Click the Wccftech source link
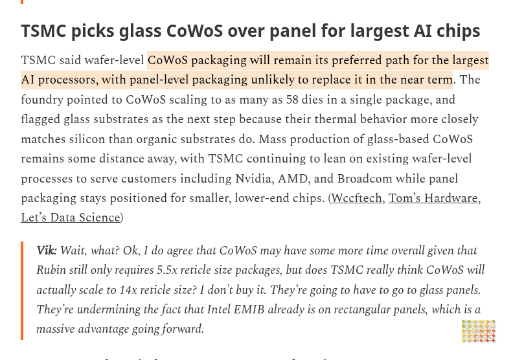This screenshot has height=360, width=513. (356, 198)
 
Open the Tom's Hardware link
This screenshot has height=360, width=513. (433, 198)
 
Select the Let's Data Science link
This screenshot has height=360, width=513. (71, 218)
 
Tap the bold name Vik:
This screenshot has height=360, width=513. (47, 251)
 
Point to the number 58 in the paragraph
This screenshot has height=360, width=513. (292, 100)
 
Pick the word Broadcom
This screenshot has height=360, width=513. (365, 179)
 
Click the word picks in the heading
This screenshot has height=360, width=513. (93, 32)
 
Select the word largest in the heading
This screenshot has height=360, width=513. (380, 32)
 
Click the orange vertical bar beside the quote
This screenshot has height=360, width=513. (22, 291)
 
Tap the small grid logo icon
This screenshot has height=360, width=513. (478, 332)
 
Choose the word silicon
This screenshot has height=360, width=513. (87, 139)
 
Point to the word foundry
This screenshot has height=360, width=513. (42, 100)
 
